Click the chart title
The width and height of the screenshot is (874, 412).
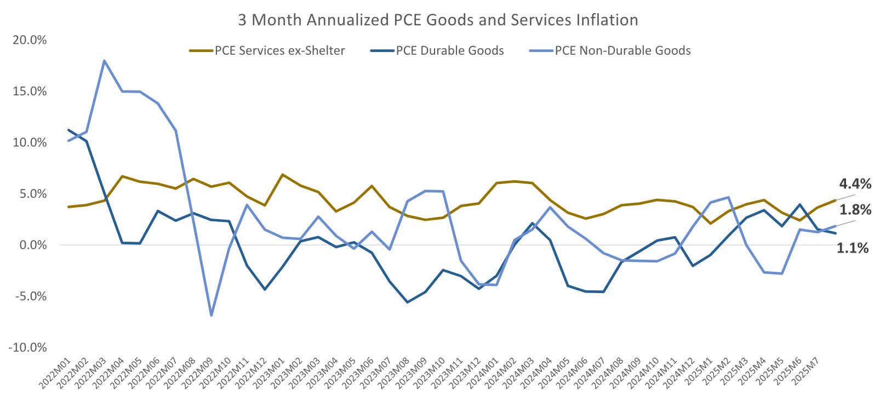coord(437,20)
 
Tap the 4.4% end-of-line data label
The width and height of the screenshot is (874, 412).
coord(854,184)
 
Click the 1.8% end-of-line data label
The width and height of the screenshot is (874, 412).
coord(854,210)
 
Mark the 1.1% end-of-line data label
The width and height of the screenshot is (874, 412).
coord(853,248)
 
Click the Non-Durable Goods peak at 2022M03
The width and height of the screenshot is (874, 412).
coord(104,60)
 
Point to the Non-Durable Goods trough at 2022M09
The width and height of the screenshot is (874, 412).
coord(211,316)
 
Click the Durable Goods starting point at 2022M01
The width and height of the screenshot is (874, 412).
coord(68,130)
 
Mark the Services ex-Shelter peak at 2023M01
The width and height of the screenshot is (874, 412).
coord(282,174)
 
